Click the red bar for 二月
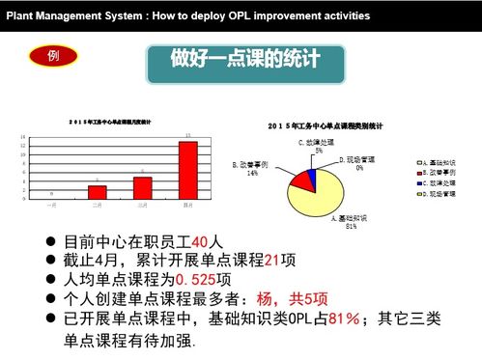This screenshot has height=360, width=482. pyautogui.click(x=98, y=191)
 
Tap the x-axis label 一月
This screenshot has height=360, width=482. pyautogui.click(x=52, y=206)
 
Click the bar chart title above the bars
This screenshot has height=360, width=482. pyautogui.click(x=115, y=121)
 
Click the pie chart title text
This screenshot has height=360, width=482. pyautogui.click(x=326, y=125)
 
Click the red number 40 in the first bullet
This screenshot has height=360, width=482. pyautogui.click(x=200, y=240)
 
